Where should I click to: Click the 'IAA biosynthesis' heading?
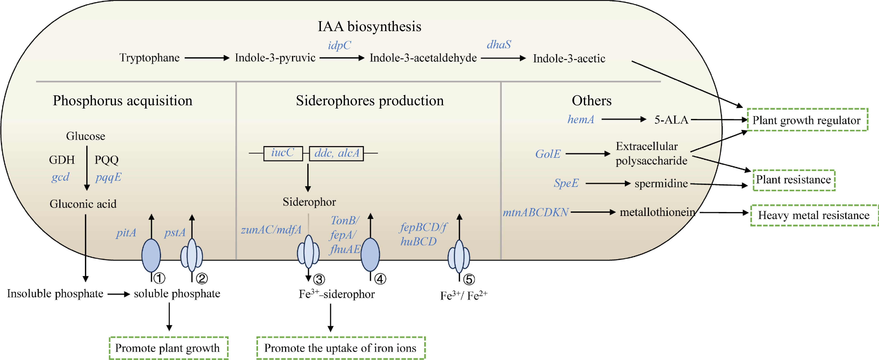click(x=370, y=27)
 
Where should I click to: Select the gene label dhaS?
click(x=499, y=44)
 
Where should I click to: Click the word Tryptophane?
click(x=150, y=58)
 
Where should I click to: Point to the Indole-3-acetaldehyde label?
click(x=423, y=58)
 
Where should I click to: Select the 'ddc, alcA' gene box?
click(x=336, y=153)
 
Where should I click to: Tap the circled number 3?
click(x=319, y=280)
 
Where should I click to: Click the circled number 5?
click(x=469, y=280)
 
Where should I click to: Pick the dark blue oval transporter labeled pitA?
click(x=151, y=255)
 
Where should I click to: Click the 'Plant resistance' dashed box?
click(x=794, y=180)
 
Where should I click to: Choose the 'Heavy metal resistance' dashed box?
click(x=814, y=215)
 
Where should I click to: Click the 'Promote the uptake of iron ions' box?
click(x=341, y=348)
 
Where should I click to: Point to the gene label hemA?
click(x=580, y=119)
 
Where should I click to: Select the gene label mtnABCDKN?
click(x=535, y=213)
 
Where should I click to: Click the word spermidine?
click(x=661, y=183)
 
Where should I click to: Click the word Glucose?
click(x=85, y=136)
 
